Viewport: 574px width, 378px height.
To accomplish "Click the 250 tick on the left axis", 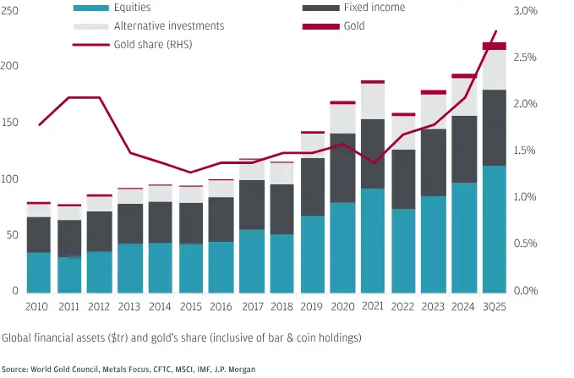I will pyautogui.click(x=11, y=11).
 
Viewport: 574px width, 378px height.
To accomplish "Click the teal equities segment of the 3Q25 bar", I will pyautogui.click(x=494, y=228).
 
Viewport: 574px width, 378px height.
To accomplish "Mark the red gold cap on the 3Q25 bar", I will pyautogui.click(x=494, y=46).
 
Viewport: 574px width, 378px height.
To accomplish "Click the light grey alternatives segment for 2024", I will pyautogui.click(x=464, y=96).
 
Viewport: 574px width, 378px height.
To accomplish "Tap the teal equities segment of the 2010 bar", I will pyautogui.click(x=38, y=271).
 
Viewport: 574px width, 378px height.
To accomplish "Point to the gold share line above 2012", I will pyautogui.click(x=99, y=98).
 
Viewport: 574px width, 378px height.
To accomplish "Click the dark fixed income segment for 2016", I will pyautogui.click(x=221, y=219).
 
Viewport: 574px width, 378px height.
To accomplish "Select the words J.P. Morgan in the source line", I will pyautogui.click(x=234, y=369).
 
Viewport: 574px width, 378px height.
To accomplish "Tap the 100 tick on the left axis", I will pyautogui.click(x=11, y=178).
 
